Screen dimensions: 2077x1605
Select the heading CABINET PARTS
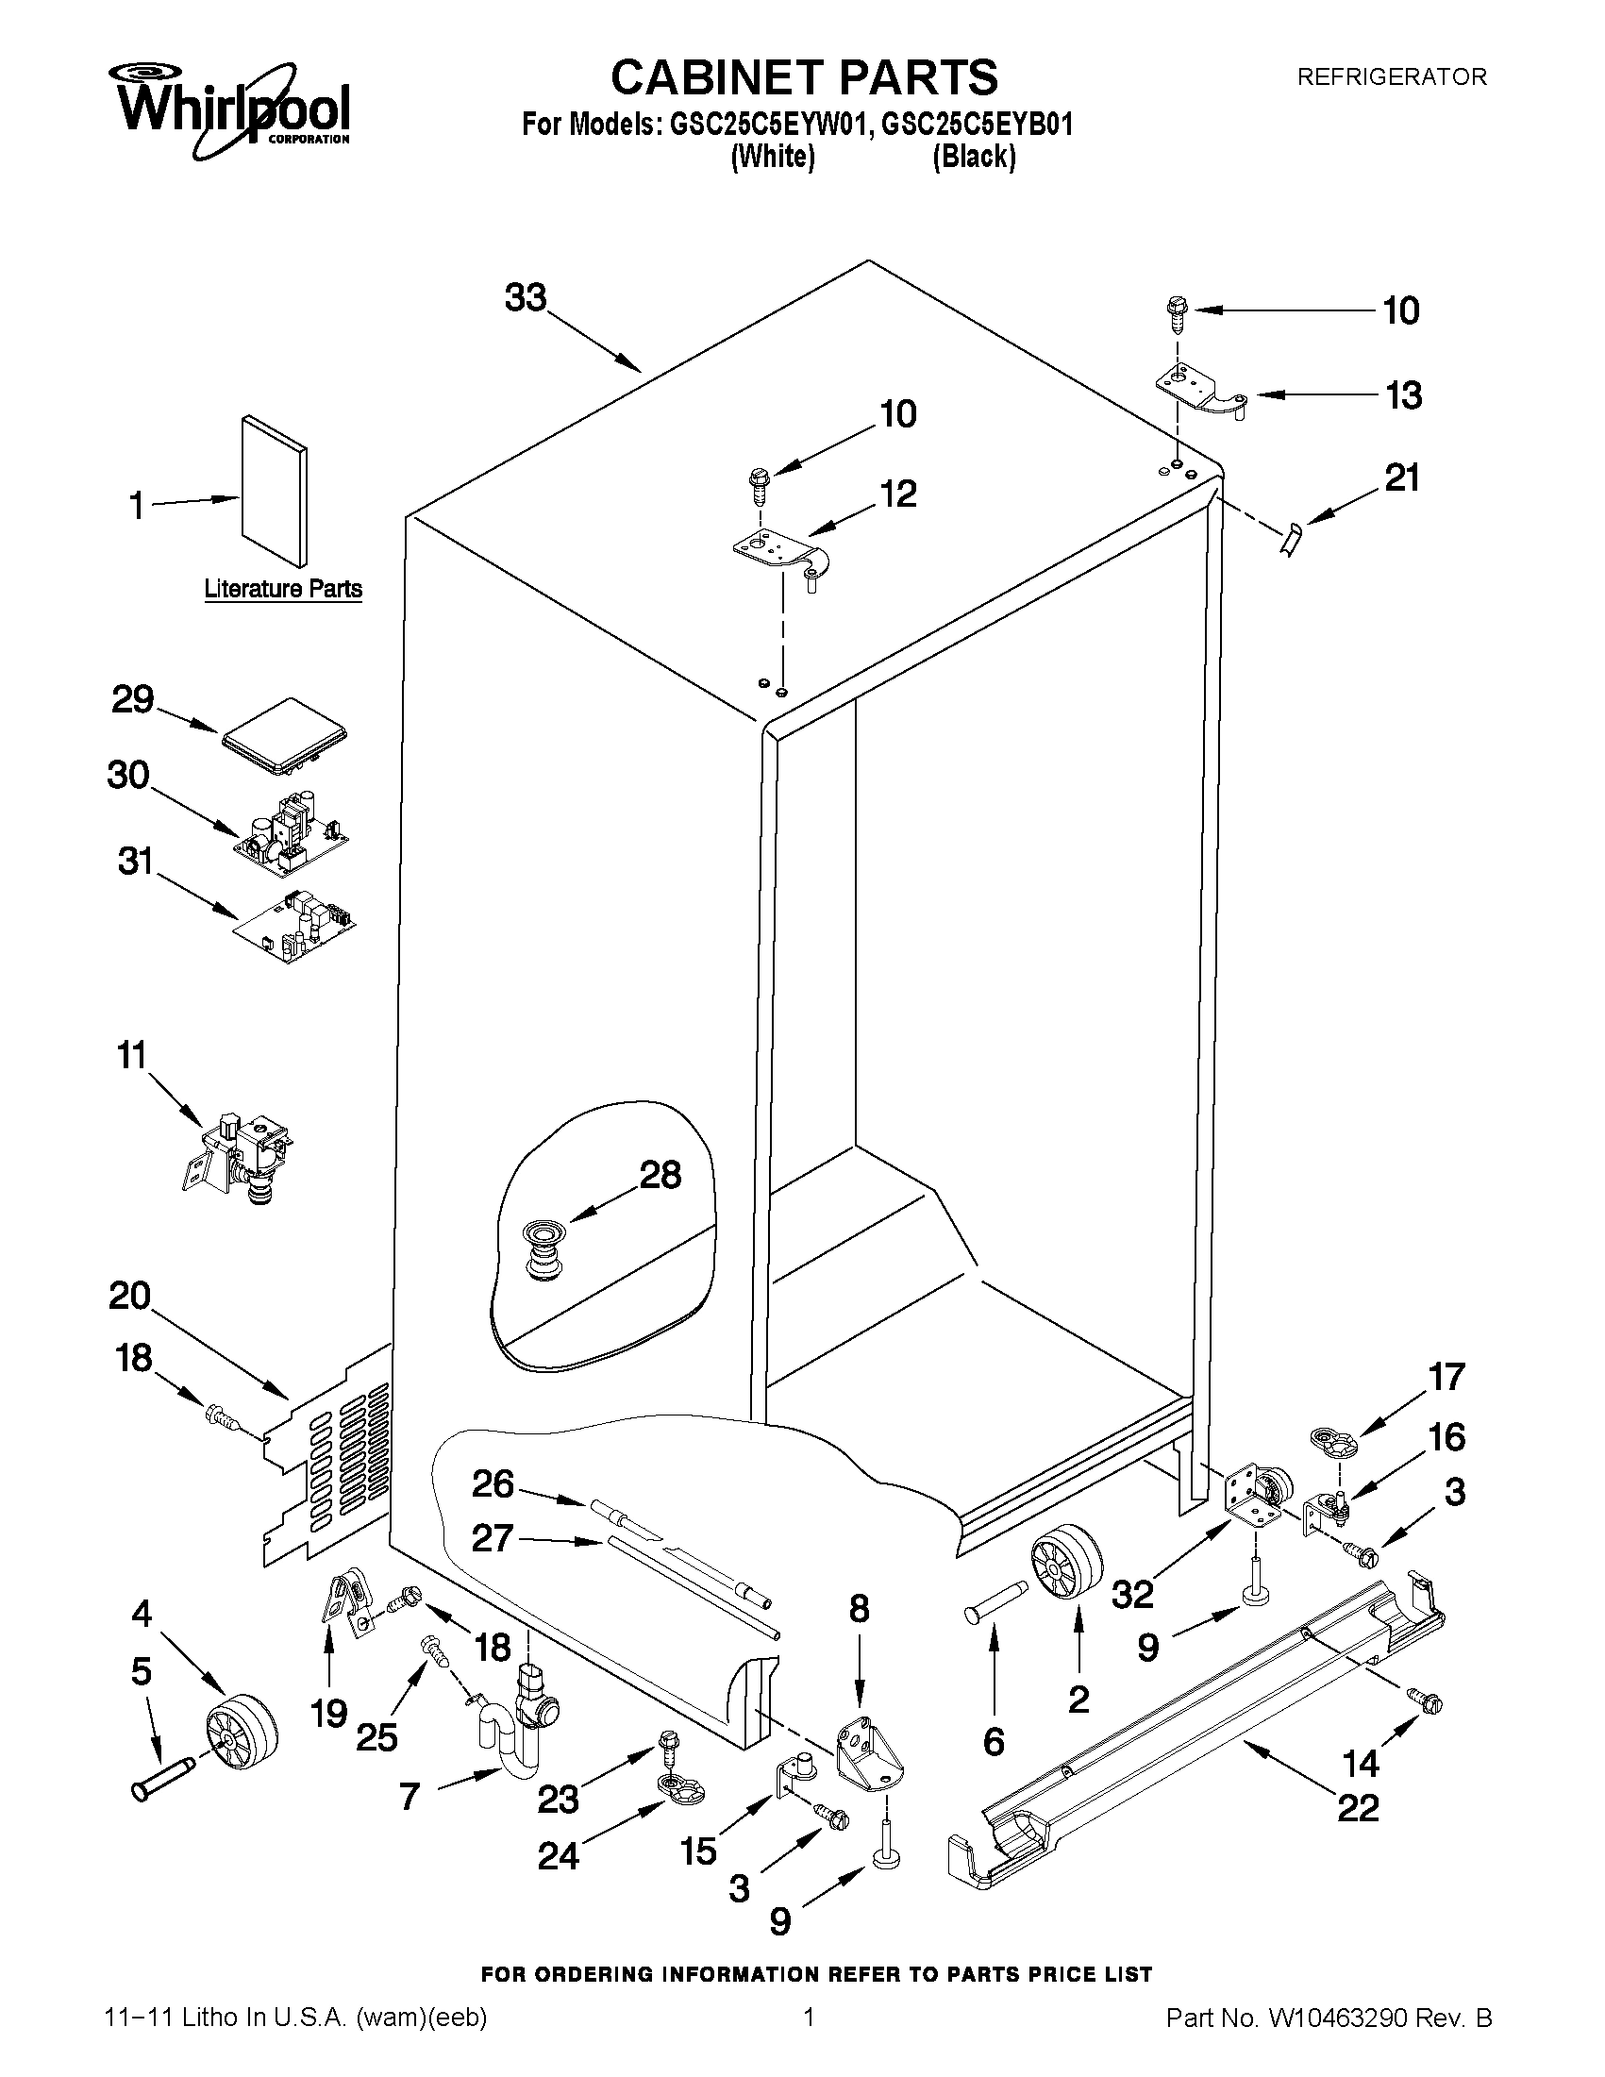click(804, 78)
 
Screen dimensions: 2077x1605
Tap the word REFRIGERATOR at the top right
click(1391, 77)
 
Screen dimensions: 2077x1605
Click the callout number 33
click(526, 297)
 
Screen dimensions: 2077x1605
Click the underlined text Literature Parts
click(283, 589)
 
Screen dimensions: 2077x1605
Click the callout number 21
click(1401, 477)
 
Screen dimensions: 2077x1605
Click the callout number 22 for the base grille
click(1357, 1807)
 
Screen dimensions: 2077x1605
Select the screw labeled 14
click(1426, 1702)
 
